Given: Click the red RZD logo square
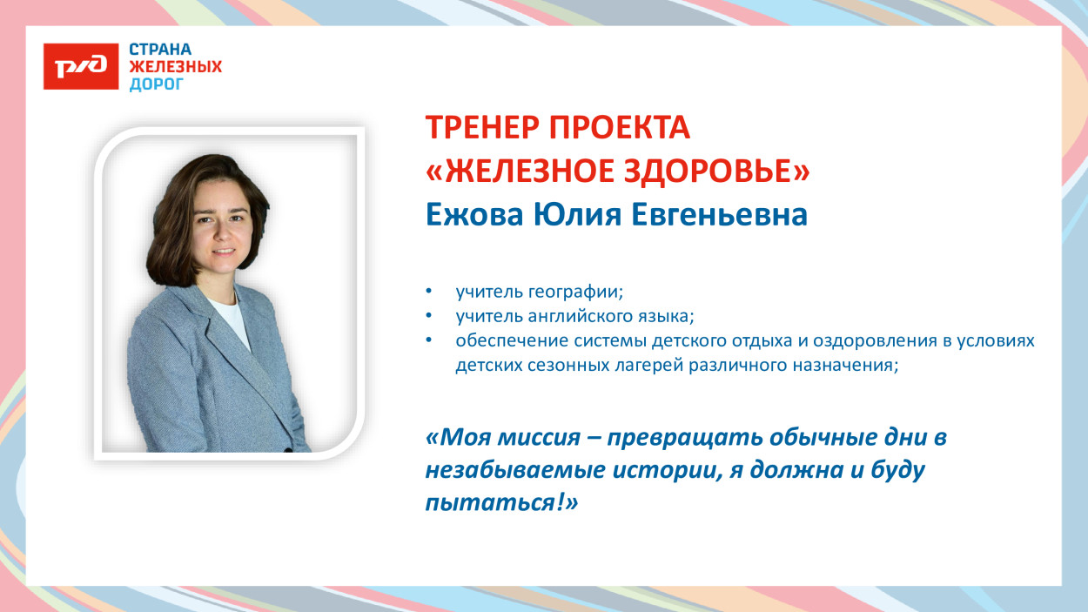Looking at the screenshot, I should click(x=81, y=66).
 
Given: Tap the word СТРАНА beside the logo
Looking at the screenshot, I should click(x=160, y=50).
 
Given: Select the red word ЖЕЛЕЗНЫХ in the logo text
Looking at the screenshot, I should click(x=175, y=67).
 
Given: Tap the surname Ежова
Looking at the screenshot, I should click(x=474, y=215).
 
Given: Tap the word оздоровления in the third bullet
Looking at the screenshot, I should click(x=873, y=340).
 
